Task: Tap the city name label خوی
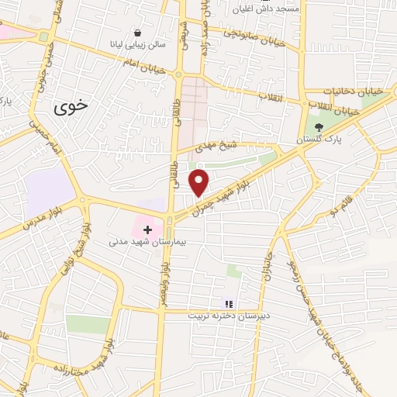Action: [x=72, y=110]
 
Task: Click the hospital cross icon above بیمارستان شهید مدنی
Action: [x=147, y=230]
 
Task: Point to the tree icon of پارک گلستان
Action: [x=318, y=128]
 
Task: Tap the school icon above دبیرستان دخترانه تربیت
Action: [x=229, y=303]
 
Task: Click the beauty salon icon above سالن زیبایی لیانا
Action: [x=138, y=33]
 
